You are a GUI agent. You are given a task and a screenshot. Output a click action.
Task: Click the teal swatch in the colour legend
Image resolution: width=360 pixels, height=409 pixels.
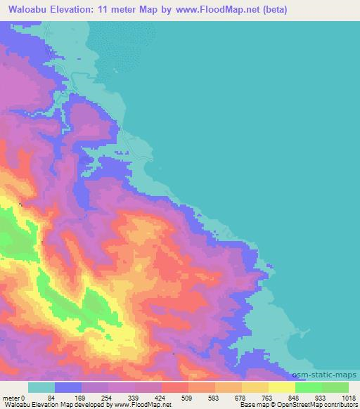[x=41, y=387]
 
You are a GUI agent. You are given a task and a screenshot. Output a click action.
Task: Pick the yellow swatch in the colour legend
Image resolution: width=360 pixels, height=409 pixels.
[x=282, y=387]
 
